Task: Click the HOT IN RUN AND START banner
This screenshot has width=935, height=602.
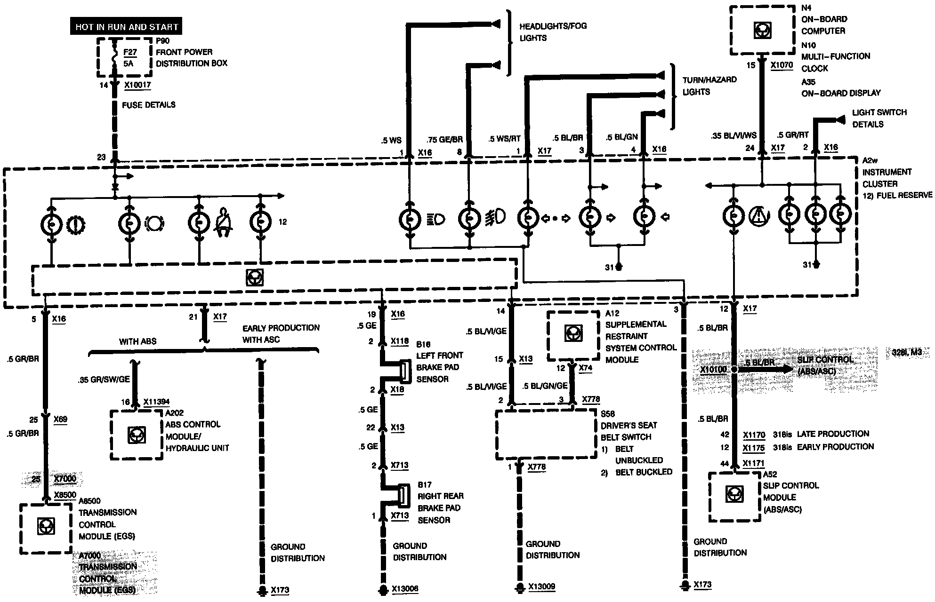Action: pyautogui.click(x=126, y=27)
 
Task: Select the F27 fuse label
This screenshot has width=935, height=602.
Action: pyautogui.click(x=129, y=52)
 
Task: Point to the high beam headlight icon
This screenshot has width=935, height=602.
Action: pyautogui.click(x=436, y=219)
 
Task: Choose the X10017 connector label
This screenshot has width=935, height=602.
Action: pyautogui.click(x=137, y=86)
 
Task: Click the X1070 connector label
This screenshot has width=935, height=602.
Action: pyautogui.click(x=782, y=65)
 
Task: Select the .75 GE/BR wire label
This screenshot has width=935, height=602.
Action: pyautogui.click(x=444, y=139)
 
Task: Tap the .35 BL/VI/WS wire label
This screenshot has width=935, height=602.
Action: pyautogui.click(x=733, y=136)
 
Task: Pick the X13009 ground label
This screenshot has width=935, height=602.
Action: pyautogui.click(x=541, y=587)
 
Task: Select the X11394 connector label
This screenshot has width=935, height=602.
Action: pyautogui.click(x=156, y=402)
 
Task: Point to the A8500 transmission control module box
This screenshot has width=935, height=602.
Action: pyautogui.click(x=45, y=527)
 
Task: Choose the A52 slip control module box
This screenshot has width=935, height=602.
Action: pyautogui.click(x=733, y=496)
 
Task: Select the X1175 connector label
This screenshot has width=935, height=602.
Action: pyautogui.click(x=754, y=448)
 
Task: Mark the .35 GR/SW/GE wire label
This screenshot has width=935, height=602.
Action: pyautogui.click(x=104, y=379)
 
